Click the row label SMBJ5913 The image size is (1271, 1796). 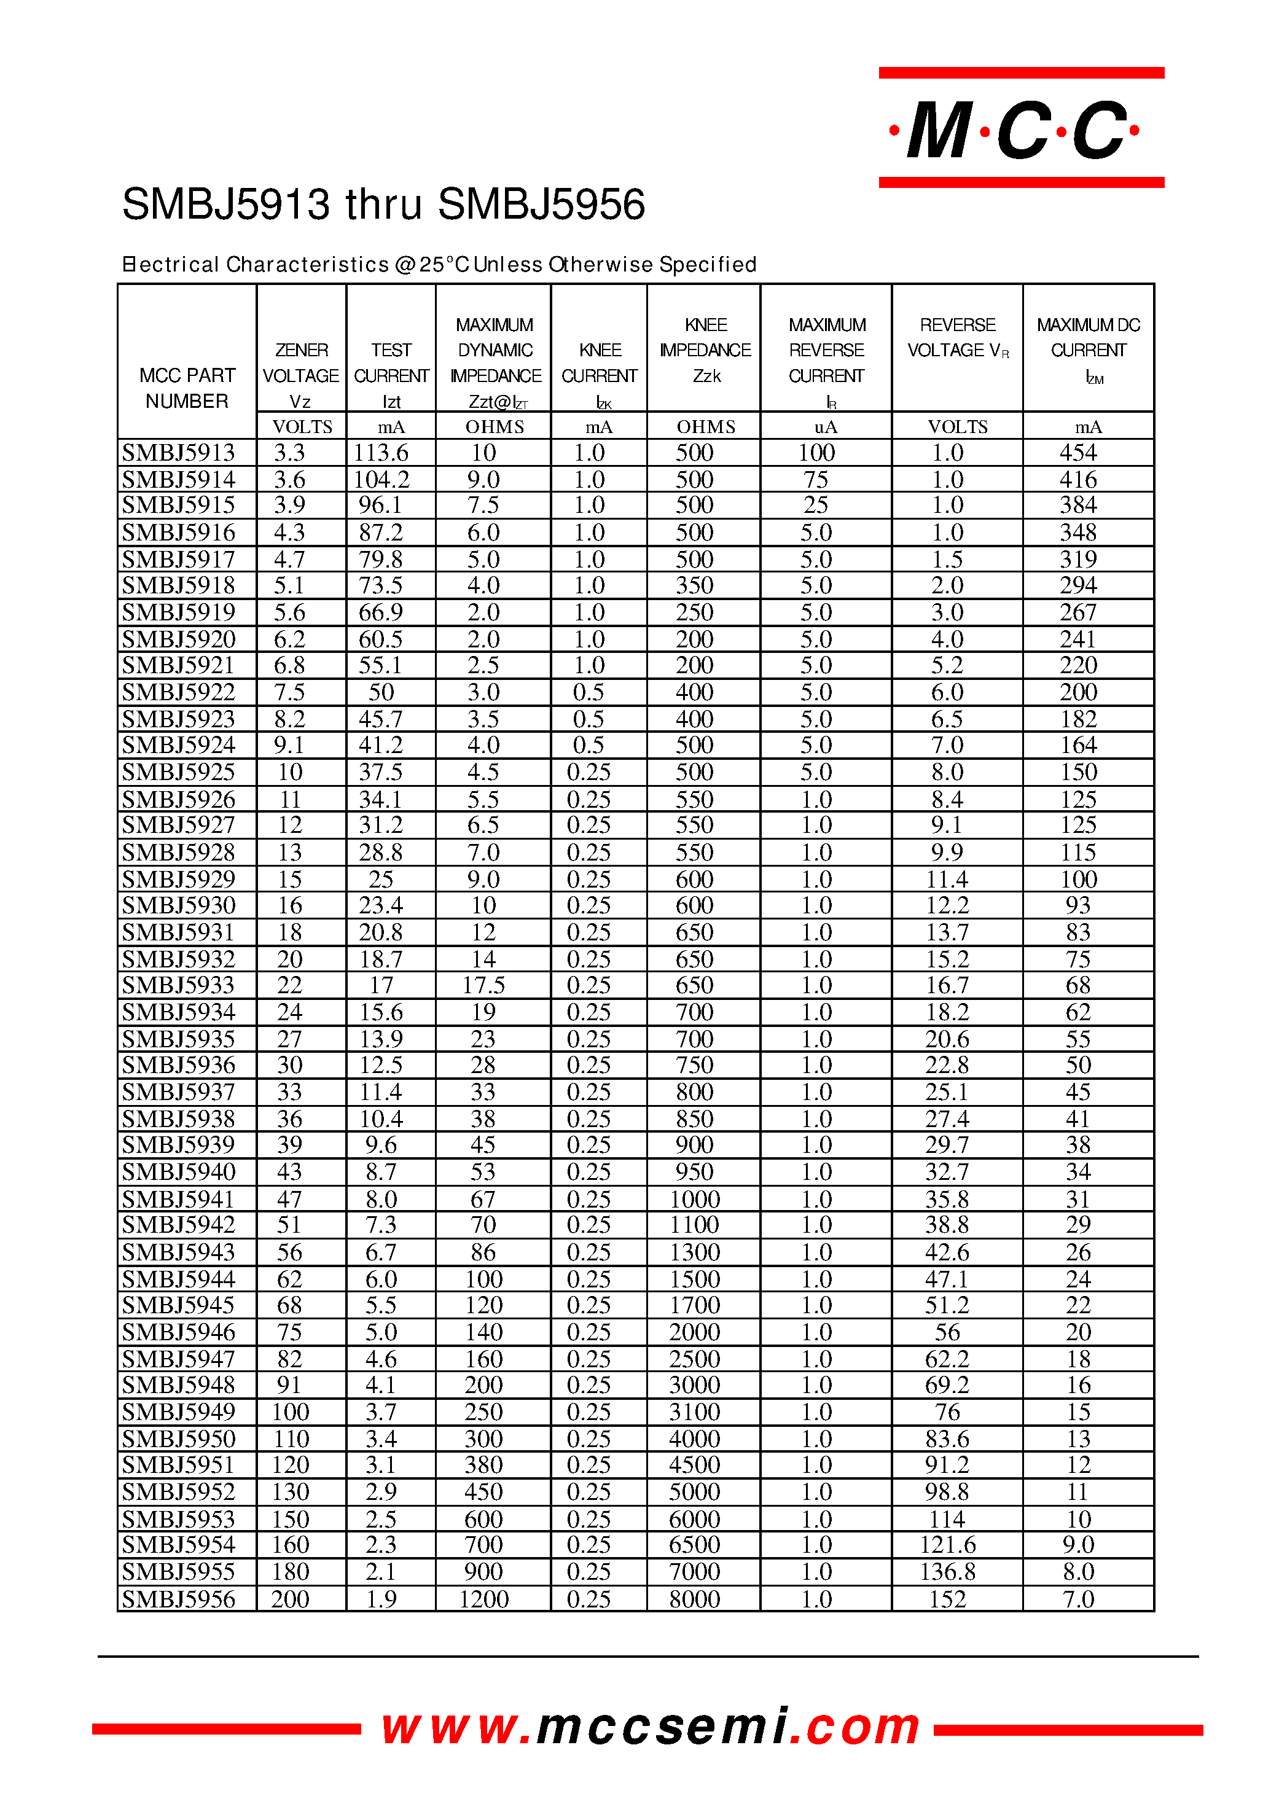click(178, 452)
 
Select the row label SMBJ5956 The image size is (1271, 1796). click(178, 1599)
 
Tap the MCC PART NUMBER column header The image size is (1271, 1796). click(186, 388)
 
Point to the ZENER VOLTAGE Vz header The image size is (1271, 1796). click(300, 376)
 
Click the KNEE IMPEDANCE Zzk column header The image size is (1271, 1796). click(705, 350)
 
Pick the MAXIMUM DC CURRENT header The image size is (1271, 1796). click(1088, 350)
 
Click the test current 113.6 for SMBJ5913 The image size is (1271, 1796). click(381, 452)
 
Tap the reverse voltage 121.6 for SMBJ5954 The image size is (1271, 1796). click(947, 1545)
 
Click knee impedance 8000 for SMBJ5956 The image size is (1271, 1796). click(694, 1599)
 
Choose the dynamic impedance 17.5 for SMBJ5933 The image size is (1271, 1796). click(483, 985)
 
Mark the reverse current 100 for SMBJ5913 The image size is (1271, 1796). click(816, 452)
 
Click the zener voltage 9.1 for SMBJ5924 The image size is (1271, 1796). click(289, 745)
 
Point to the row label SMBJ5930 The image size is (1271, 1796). click(178, 905)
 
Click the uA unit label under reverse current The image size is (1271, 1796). click(826, 426)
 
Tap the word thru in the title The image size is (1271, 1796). click(383, 205)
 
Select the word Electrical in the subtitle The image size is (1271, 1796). click(171, 265)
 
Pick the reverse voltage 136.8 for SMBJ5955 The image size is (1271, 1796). click(947, 1571)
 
